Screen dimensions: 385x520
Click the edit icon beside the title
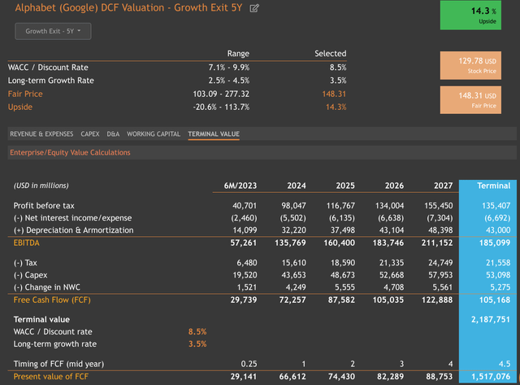[255, 8]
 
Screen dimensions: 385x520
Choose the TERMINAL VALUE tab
[214, 133]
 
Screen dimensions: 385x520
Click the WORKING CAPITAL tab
[154, 133]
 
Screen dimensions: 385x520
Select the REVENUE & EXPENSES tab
[41, 133]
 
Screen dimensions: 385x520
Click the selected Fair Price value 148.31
[332, 94]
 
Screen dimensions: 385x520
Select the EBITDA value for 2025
[342, 243]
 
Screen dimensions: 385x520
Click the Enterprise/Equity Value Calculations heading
[70, 152]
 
